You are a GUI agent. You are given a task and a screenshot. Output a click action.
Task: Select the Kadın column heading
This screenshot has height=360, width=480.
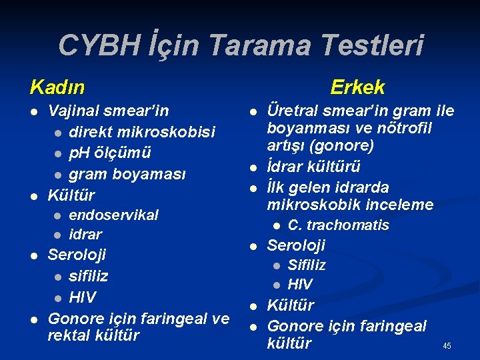(x=57, y=87)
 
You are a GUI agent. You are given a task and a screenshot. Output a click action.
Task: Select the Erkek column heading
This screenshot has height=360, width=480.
(x=357, y=87)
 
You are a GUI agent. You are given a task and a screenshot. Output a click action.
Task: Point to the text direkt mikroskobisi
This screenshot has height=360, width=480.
(x=142, y=132)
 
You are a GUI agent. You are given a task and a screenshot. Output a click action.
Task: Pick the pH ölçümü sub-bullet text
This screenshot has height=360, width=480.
(x=110, y=153)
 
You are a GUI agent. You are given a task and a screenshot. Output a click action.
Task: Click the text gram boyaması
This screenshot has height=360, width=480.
(x=127, y=174)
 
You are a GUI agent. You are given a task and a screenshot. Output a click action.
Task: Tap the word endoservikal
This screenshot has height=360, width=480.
(x=113, y=215)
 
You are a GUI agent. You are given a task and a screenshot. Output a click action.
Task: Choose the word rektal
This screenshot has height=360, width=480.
(x=69, y=335)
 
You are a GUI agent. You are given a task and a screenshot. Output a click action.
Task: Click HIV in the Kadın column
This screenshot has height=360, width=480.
(x=83, y=297)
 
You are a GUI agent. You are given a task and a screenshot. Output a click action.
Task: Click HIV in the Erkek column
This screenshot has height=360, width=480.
(x=300, y=285)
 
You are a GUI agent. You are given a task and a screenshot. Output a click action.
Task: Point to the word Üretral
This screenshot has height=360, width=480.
(x=291, y=109)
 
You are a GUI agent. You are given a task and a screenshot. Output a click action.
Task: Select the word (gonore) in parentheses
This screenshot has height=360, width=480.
(x=341, y=145)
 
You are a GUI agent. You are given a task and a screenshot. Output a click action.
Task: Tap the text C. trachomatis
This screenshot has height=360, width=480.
(x=338, y=225)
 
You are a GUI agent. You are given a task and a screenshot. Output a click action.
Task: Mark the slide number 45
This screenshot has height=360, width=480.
(x=447, y=346)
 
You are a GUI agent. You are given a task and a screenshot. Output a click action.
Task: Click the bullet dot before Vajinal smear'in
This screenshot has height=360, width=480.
(x=33, y=111)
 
